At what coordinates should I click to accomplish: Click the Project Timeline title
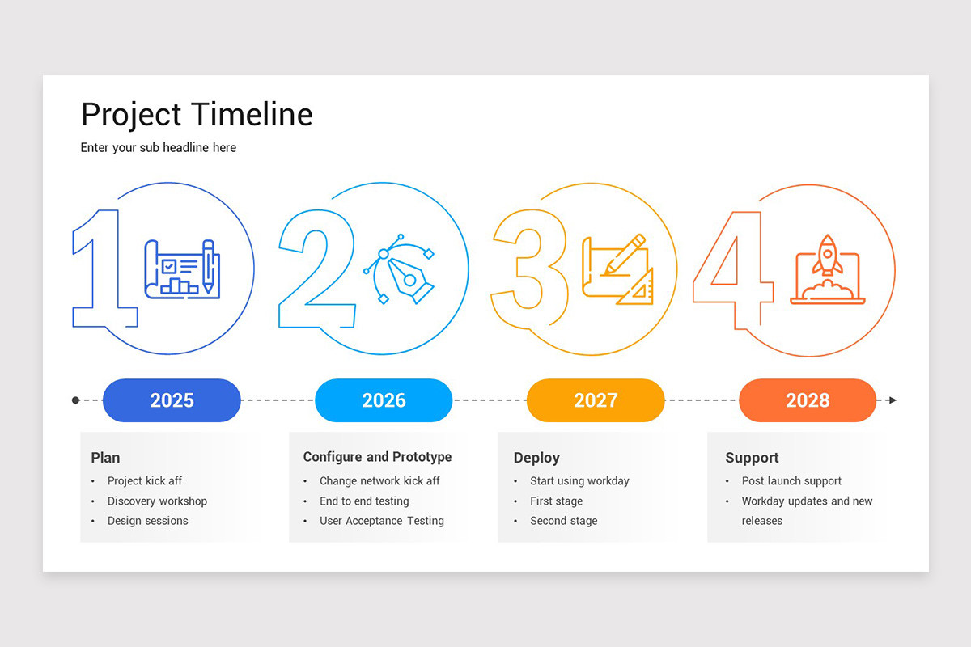click(x=197, y=114)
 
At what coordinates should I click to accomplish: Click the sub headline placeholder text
click(x=159, y=147)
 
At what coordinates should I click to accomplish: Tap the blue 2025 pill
click(x=172, y=400)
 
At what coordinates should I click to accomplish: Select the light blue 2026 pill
click(x=384, y=400)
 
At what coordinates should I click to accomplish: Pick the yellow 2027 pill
click(x=596, y=400)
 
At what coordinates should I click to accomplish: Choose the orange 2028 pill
click(x=808, y=400)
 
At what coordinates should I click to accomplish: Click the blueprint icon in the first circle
click(x=182, y=269)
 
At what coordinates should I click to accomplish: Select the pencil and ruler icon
click(x=617, y=269)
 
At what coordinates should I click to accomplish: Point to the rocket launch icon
click(x=827, y=269)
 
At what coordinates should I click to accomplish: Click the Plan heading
click(x=105, y=458)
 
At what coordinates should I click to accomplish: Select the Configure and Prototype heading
click(x=377, y=457)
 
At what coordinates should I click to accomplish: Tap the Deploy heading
click(x=536, y=458)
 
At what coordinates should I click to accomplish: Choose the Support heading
click(x=752, y=458)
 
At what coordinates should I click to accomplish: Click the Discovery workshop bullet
click(x=157, y=501)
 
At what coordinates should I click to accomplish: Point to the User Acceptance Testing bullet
click(x=381, y=521)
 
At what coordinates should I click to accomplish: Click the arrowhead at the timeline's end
click(x=892, y=400)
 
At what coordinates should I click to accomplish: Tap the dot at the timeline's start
click(x=76, y=400)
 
